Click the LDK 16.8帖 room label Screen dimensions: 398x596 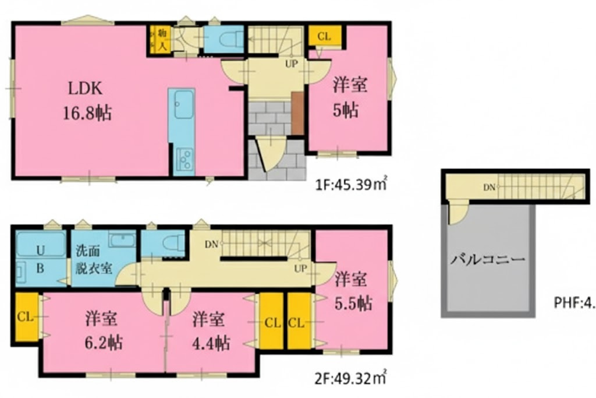click(x=87, y=100)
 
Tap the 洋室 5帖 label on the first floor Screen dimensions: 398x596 click(x=350, y=97)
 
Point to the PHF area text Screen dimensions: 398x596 click(x=573, y=303)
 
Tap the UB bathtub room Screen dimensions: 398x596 click(x=41, y=258)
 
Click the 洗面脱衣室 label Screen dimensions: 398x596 click(x=93, y=260)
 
